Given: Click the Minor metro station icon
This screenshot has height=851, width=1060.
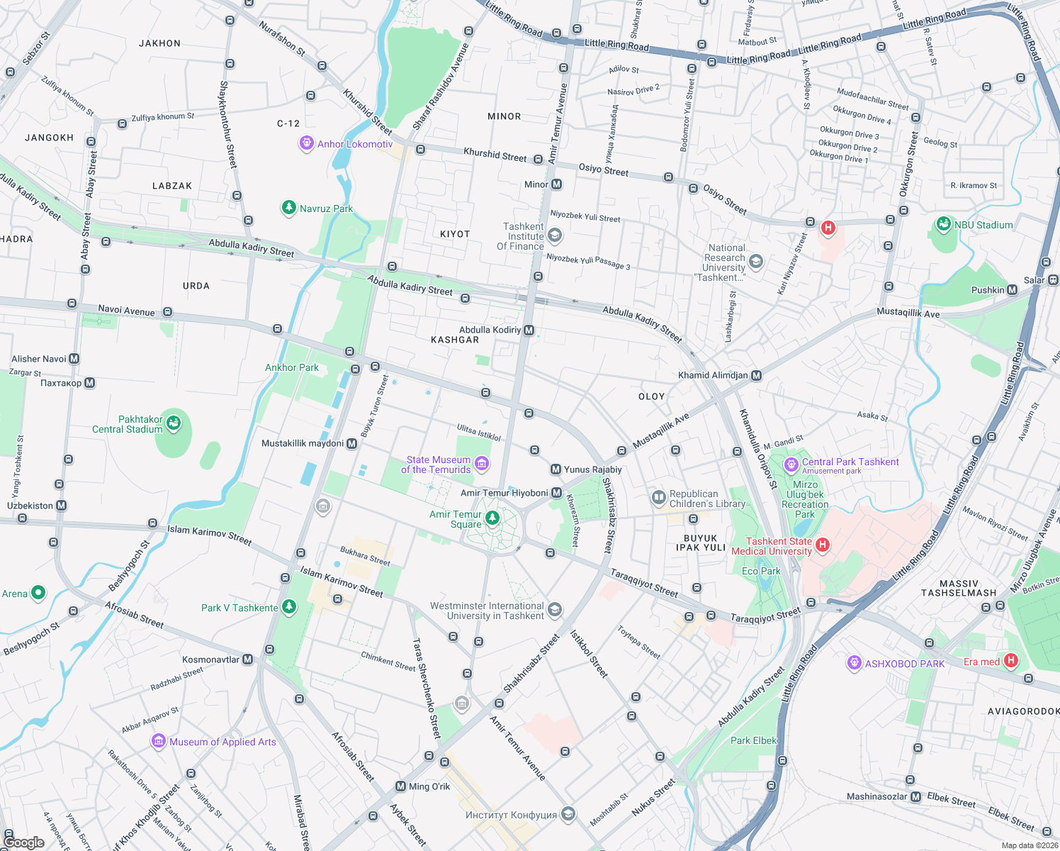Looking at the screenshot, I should pos(557,184).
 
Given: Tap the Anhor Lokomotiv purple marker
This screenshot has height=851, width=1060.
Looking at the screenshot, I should pos(306,143).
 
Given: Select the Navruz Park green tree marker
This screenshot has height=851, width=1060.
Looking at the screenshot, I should pos(288,207).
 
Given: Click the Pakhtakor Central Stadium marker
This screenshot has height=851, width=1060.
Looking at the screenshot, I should pos(174,423).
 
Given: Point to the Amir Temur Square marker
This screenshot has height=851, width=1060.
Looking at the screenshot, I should pos(492,518).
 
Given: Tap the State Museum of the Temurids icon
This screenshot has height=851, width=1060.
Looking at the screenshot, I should pos(482,464).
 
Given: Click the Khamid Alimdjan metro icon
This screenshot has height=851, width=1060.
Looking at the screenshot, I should pos(756,375).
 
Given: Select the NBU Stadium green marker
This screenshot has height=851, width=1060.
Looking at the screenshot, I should pos(943,224).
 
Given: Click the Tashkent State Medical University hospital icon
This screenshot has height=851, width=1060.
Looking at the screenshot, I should pos(822,545).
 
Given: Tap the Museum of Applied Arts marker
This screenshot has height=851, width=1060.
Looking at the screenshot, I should pos(159,741).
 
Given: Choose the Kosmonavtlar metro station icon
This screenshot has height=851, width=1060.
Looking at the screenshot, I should pos(247,660).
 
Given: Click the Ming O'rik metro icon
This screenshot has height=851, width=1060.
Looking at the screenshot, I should pos(401,786).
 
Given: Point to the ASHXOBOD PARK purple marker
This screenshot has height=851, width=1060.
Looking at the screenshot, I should pos(854,663).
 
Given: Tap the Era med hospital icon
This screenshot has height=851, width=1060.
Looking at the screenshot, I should pos(1011,661).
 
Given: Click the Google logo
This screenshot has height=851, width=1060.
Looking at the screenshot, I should pos(23,842).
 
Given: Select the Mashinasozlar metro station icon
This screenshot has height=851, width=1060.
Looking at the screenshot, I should pos(915,796).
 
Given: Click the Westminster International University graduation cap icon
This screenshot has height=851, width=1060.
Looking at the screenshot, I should pos(555,610).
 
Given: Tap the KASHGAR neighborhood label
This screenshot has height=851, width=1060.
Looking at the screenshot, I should pos(455,340).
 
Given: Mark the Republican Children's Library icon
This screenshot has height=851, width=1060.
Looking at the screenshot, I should pos(658,498).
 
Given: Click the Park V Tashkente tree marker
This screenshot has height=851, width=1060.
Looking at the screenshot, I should pos(288,606).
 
